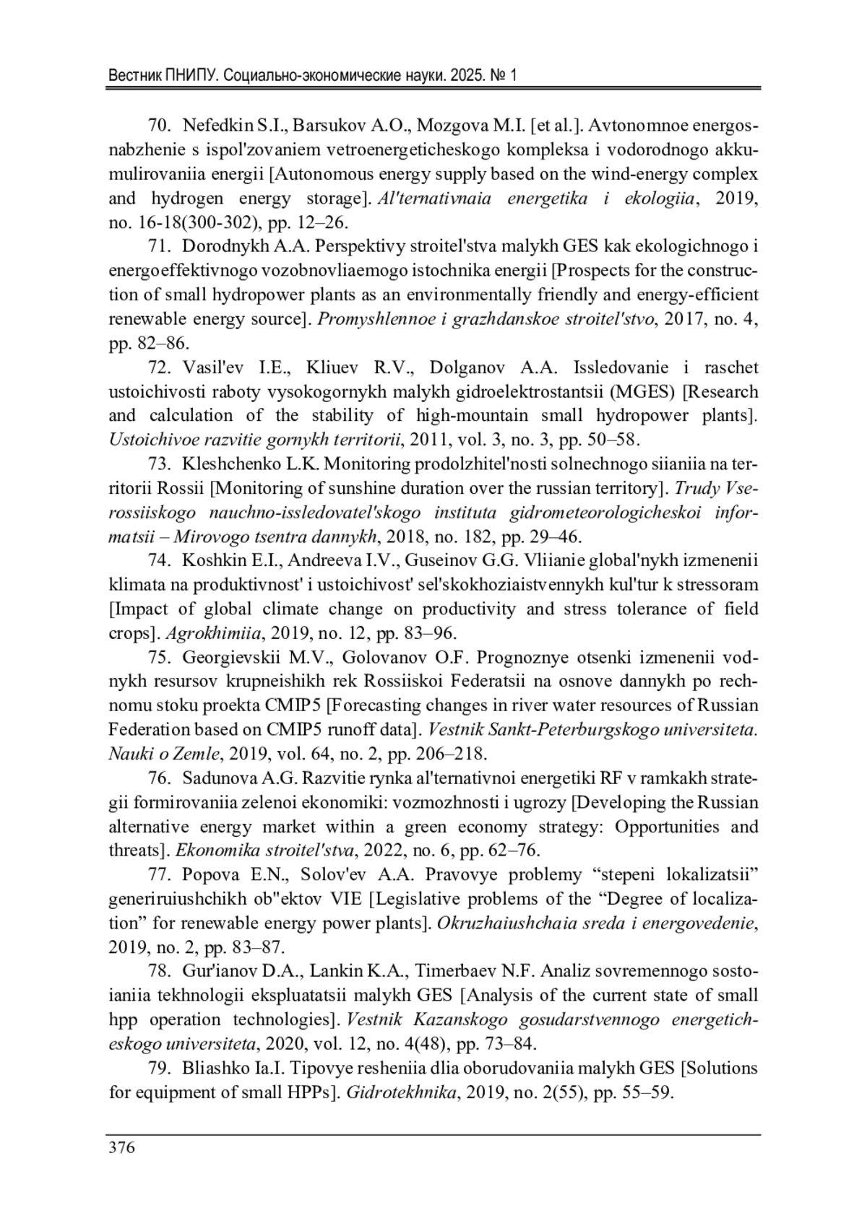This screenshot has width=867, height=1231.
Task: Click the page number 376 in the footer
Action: [x=121, y=1148]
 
